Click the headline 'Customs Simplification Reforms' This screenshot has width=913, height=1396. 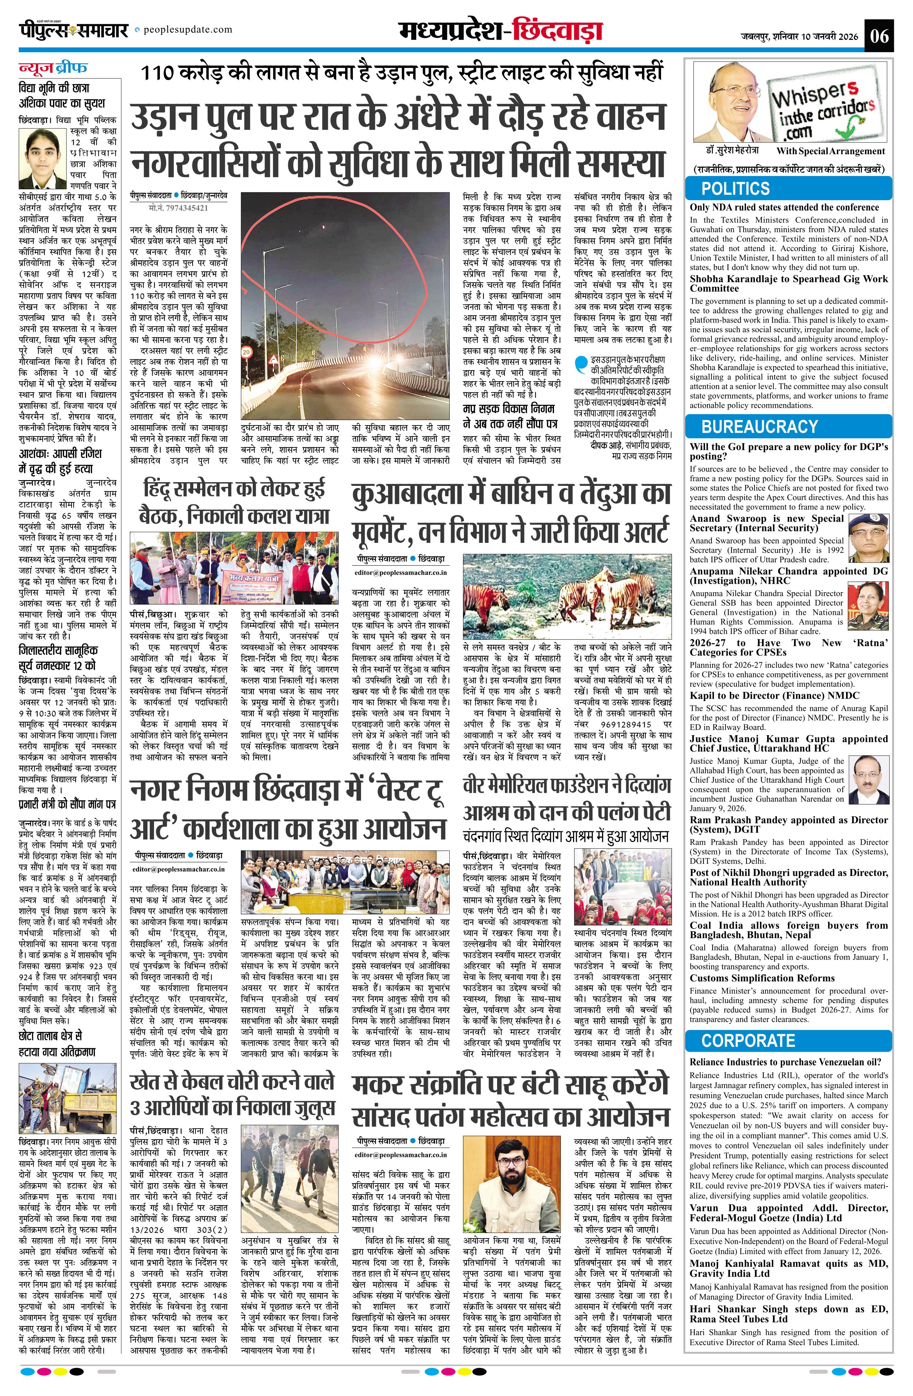(x=762, y=978)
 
